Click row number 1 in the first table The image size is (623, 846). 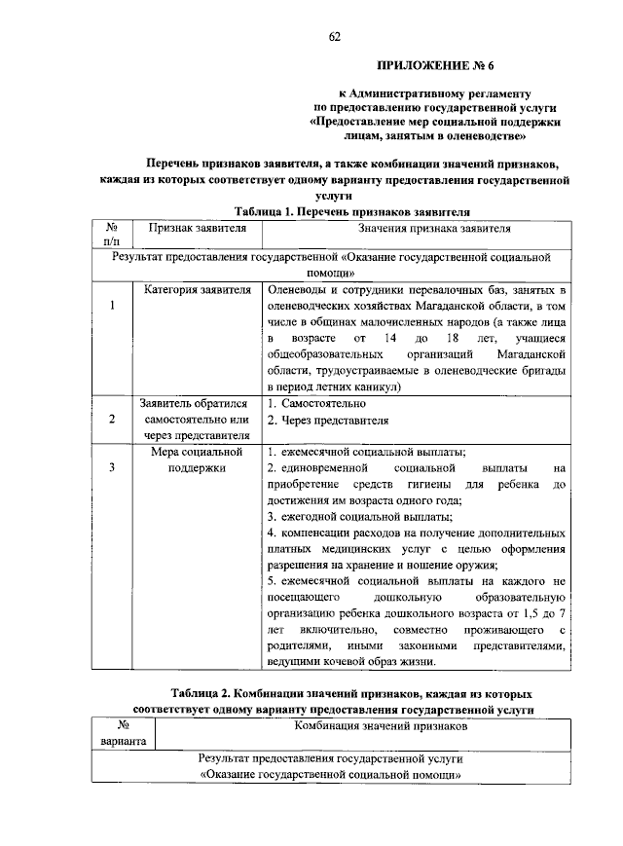pyautogui.click(x=112, y=307)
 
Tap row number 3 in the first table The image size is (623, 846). pyautogui.click(x=112, y=468)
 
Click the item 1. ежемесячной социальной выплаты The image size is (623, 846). pyautogui.click(x=366, y=453)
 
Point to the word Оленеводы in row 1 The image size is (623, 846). pyautogui.click(x=300, y=290)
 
